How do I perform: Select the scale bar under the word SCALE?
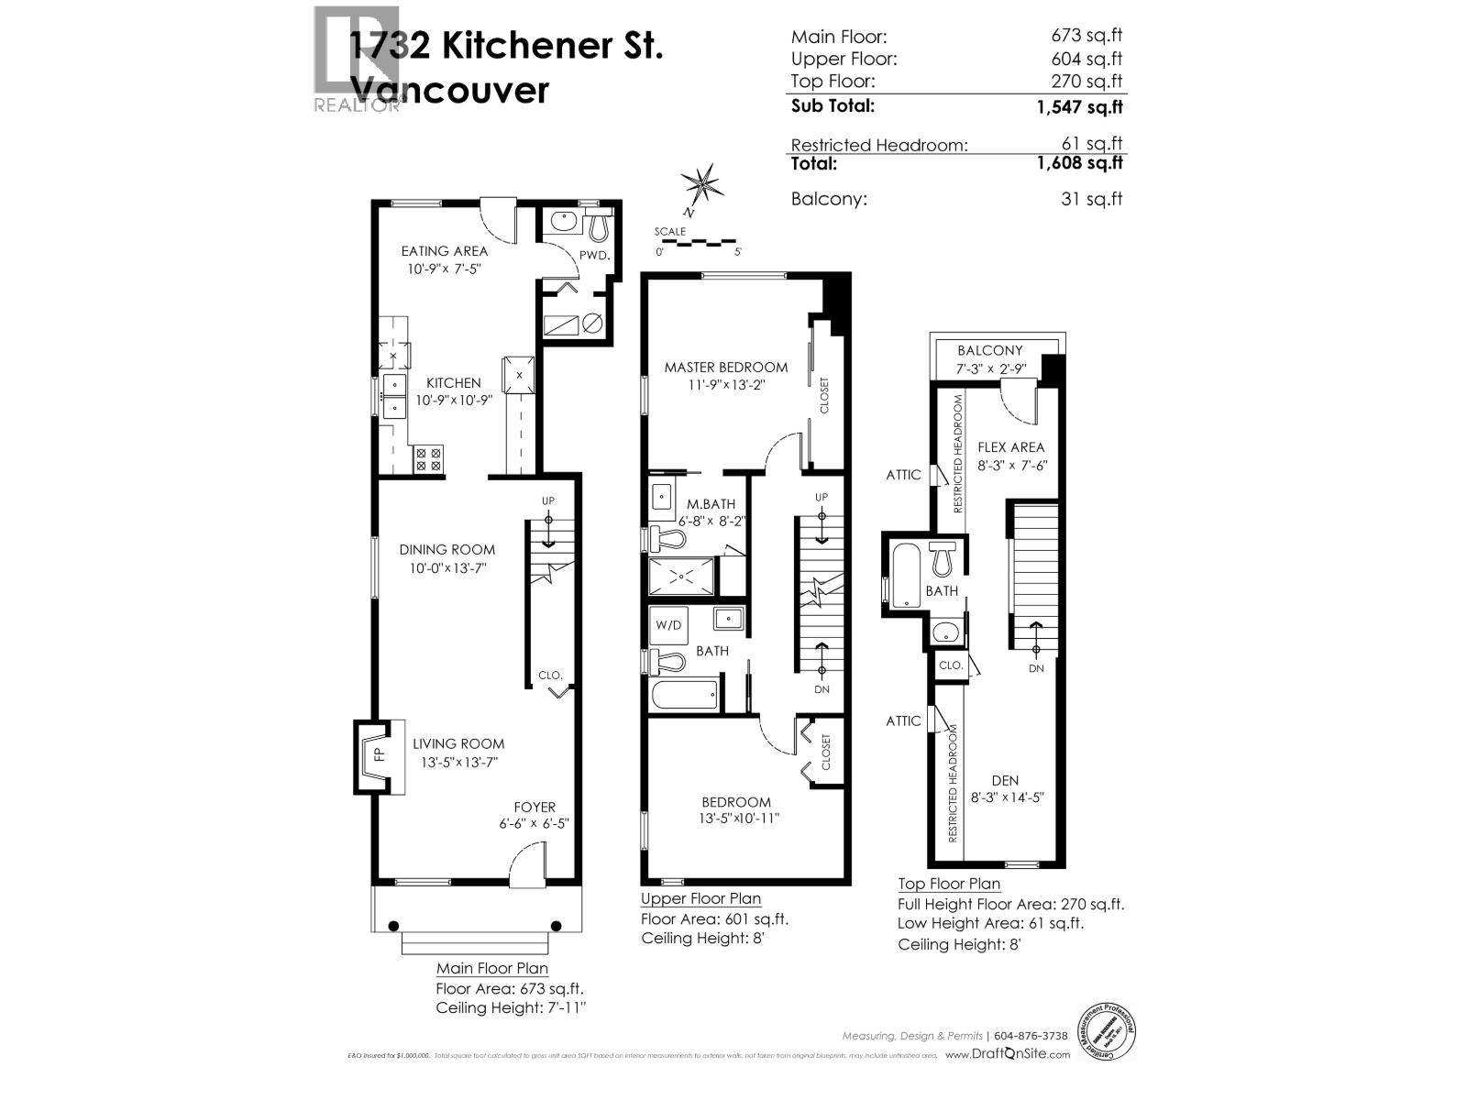tap(700, 243)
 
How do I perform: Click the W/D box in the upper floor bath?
tap(668, 625)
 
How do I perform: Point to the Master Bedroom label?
tap(725, 367)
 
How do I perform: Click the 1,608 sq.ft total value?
tap(1079, 163)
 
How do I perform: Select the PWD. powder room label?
tap(594, 255)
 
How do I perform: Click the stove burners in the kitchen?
tap(428, 458)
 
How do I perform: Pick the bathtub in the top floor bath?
tap(905, 575)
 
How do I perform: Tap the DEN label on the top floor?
tap(1005, 780)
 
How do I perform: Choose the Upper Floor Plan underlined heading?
tap(700, 898)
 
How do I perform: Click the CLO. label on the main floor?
tap(550, 675)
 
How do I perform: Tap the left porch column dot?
tap(394, 925)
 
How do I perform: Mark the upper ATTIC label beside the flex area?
tap(903, 475)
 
